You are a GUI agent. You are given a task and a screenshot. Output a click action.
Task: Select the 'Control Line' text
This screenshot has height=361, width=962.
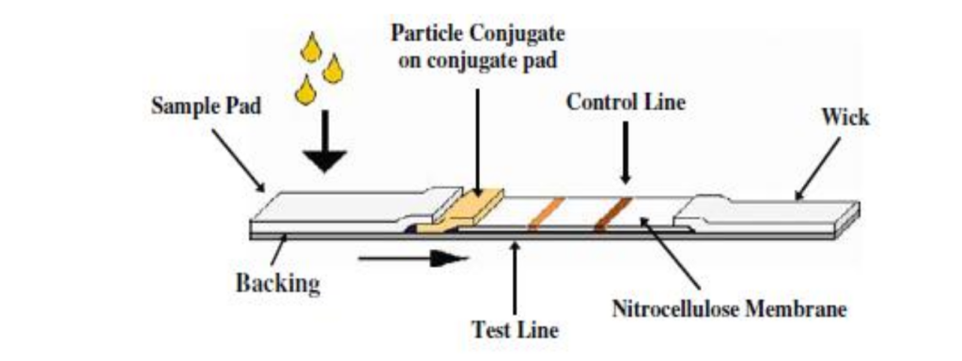[625, 102]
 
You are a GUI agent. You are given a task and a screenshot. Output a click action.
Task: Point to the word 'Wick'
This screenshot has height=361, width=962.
[845, 118]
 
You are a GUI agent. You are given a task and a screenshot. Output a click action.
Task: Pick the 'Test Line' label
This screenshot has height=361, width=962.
[515, 330]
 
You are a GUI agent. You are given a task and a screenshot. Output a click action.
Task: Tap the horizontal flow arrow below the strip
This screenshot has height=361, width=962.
[413, 257]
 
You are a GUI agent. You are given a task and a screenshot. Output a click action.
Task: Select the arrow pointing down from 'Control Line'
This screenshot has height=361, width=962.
[625, 155]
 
